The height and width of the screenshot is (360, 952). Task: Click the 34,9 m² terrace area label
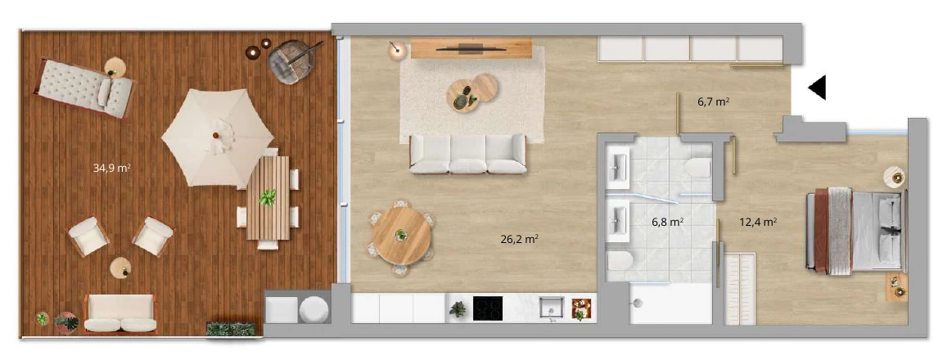coord(112,169)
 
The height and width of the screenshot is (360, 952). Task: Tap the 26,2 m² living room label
coord(520,239)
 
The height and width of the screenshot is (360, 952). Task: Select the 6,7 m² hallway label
coord(714,102)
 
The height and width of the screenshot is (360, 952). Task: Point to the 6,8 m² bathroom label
coord(668,223)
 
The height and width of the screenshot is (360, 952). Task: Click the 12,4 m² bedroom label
coord(758,223)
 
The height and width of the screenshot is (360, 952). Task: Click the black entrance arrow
coord(817,88)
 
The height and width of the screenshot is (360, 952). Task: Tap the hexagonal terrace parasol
coord(218,137)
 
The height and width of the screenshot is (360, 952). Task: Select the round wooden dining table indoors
coord(401,235)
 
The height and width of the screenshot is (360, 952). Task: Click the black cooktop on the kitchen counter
coord(488,308)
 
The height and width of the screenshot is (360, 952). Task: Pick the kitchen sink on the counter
coord(552,308)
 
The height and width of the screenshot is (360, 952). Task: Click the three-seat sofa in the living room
coord(467,154)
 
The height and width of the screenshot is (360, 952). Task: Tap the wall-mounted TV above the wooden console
coord(471,47)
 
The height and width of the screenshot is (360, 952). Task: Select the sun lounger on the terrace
coord(85,88)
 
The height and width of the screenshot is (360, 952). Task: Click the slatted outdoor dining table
coord(268,198)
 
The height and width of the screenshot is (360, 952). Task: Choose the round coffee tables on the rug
coord(471,92)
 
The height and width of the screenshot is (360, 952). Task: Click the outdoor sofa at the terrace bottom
coord(120,313)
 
